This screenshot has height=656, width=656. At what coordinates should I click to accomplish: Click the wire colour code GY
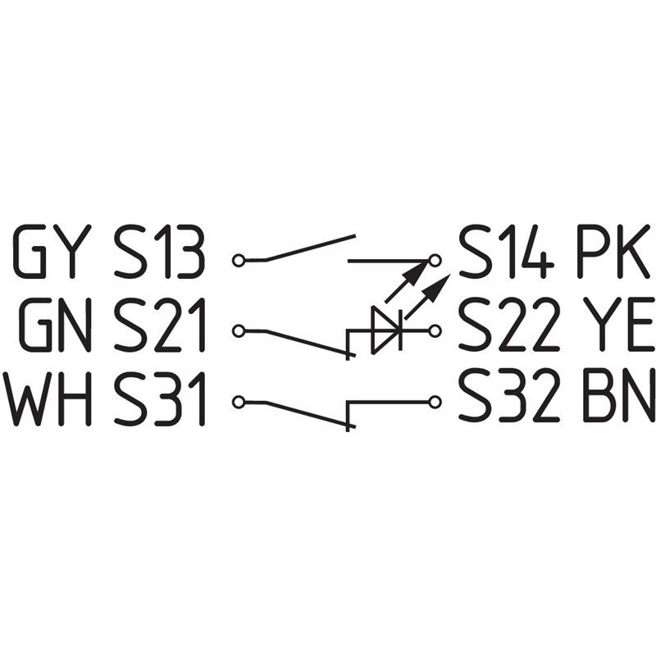click(x=52, y=251)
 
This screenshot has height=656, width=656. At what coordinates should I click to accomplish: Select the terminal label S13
click(x=159, y=251)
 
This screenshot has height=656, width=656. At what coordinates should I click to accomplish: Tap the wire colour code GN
click(x=56, y=325)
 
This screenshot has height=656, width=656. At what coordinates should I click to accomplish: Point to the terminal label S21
click(x=159, y=325)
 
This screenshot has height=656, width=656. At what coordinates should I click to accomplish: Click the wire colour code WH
click(x=47, y=399)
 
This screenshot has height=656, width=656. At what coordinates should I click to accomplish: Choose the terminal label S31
click(x=159, y=399)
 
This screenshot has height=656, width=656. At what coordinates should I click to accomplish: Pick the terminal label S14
click(x=507, y=251)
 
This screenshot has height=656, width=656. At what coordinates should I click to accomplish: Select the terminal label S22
click(x=509, y=325)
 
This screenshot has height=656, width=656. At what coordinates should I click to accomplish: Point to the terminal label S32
click(x=509, y=399)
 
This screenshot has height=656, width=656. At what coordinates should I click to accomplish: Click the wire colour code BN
click(x=618, y=399)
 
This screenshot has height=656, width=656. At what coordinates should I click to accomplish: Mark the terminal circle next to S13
click(x=238, y=261)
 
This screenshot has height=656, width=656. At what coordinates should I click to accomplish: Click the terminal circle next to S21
click(x=238, y=331)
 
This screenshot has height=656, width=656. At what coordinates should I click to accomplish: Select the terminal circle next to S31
click(x=238, y=402)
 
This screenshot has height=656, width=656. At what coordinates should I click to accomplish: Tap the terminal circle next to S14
click(x=435, y=261)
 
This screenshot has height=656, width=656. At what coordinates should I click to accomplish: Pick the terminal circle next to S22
click(x=435, y=331)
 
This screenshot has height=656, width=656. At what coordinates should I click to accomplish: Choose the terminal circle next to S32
click(x=435, y=402)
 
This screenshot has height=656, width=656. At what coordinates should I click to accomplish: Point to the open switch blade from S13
click(x=311, y=248)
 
